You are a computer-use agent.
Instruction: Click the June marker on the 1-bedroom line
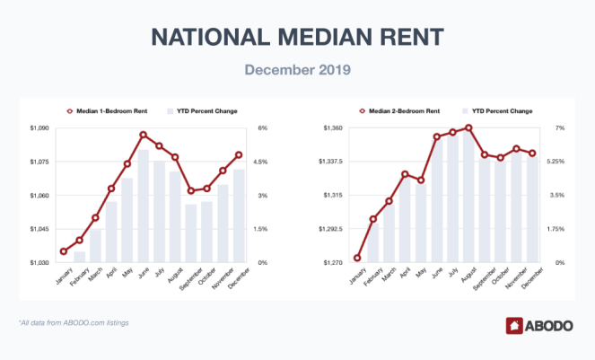[x=143, y=135]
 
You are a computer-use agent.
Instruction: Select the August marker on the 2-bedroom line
[x=468, y=127]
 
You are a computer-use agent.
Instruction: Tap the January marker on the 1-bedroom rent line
[x=63, y=251]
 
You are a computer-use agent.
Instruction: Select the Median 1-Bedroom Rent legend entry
[x=105, y=111]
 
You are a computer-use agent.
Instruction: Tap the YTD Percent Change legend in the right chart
[x=497, y=111]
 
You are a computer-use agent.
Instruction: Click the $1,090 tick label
[x=39, y=128]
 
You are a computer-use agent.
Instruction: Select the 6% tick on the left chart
[x=263, y=128]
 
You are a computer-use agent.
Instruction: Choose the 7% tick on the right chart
[x=559, y=128]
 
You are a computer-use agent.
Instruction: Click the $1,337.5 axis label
[x=329, y=162]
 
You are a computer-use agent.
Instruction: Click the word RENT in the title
[x=414, y=36]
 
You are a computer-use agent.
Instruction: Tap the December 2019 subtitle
[x=297, y=68]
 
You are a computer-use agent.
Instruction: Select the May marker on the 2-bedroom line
[x=420, y=180]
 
